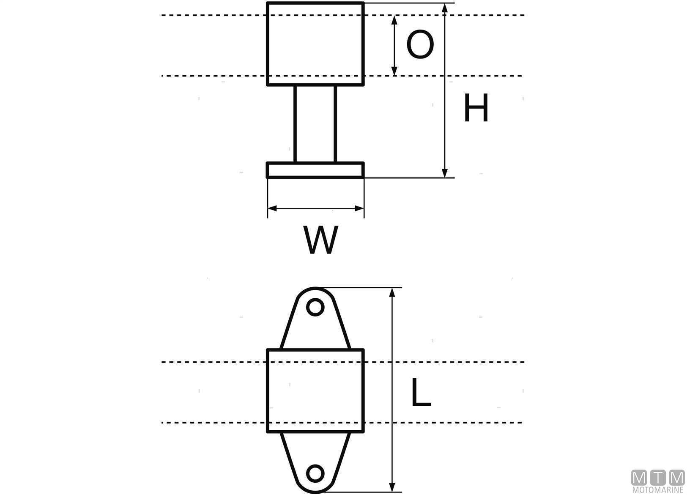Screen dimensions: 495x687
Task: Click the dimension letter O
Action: pyautogui.click(x=420, y=45)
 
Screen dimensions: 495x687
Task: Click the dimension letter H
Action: pyautogui.click(x=476, y=108)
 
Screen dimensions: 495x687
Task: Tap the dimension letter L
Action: pyautogui.click(x=421, y=392)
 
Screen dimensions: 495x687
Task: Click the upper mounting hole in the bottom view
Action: pyautogui.click(x=315, y=307)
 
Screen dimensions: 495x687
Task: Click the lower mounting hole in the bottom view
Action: pyautogui.click(x=315, y=473)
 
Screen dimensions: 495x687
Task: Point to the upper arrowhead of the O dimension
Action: pyautogui.click(x=394, y=19)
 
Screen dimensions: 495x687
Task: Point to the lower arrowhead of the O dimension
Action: pyautogui.click(x=394, y=71)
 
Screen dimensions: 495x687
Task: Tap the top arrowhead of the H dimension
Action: pyautogui.click(x=444, y=8)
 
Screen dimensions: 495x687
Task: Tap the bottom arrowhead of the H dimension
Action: pyautogui.click(x=444, y=173)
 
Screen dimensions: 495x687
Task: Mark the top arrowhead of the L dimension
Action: pyautogui.click(x=393, y=292)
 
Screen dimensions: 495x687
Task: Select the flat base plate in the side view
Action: pyautogui.click(x=315, y=170)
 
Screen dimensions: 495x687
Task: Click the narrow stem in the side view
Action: pyautogui.click(x=315, y=124)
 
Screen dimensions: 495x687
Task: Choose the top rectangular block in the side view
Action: pyautogui.click(x=315, y=44)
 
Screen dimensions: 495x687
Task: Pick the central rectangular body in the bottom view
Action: pyautogui.click(x=315, y=390)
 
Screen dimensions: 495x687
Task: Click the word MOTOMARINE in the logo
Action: pyautogui.click(x=658, y=490)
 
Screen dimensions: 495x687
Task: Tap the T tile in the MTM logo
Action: pyautogui.click(x=658, y=478)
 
